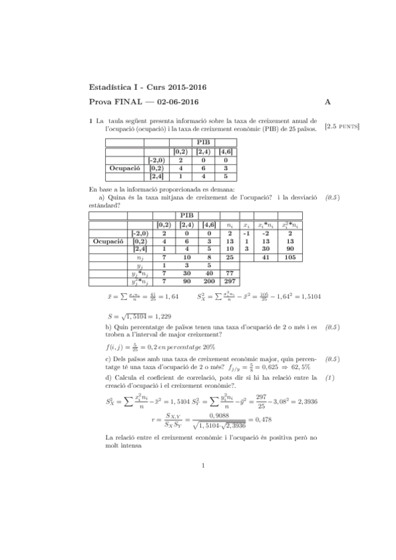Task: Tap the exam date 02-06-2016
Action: point(173,102)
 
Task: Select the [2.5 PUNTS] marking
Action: point(341,125)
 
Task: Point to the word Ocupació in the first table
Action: point(125,168)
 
